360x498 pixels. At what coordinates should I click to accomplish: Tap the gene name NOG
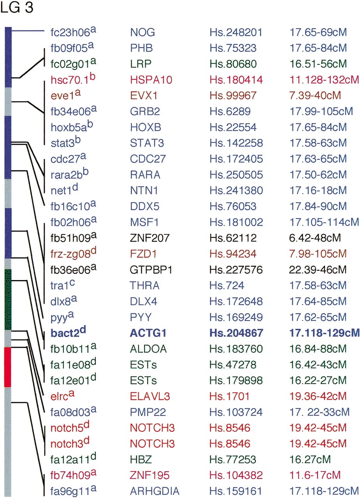click(142, 32)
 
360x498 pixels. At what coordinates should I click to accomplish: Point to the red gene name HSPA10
click(151, 80)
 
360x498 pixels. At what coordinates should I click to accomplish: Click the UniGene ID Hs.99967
click(233, 96)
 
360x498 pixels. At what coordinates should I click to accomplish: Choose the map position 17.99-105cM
click(321, 111)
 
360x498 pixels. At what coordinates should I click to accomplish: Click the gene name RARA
click(145, 175)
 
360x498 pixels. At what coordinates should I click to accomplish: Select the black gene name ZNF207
click(150, 238)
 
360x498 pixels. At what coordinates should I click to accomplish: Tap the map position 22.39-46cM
click(318, 270)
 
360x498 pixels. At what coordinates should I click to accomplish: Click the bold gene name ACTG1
click(148, 333)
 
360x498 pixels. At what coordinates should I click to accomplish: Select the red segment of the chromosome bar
click(8, 367)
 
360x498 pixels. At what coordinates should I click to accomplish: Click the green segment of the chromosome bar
click(8, 300)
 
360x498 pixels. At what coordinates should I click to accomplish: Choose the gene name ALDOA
click(148, 349)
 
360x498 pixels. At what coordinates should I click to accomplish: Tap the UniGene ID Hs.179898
click(236, 381)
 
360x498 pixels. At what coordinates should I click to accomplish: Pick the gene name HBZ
click(141, 459)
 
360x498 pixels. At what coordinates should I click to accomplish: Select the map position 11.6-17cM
click(315, 475)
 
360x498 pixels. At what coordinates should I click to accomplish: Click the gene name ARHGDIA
click(155, 491)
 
